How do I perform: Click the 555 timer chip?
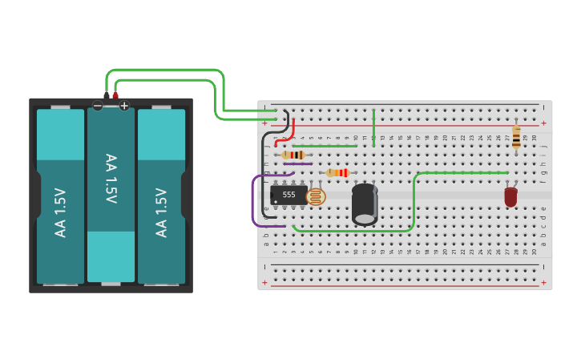[x=288, y=195]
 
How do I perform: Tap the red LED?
[x=510, y=197]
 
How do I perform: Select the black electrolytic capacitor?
[x=365, y=204]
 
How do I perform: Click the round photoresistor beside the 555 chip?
[x=317, y=196]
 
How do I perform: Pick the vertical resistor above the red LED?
[x=516, y=136]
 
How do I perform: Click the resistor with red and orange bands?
[x=337, y=172]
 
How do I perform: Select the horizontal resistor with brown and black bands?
[x=293, y=155]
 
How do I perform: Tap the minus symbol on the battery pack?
[x=98, y=106]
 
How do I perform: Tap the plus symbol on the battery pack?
[x=124, y=106]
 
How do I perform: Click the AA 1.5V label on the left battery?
[x=60, y=212]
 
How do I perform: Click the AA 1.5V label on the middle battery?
[x=111, y=179]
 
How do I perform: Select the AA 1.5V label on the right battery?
[x=161, y=212]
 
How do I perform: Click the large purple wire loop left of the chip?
[x=254, y=200]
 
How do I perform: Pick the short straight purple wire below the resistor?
[x=297, y=163]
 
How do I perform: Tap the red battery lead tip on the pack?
[x=115, y=95]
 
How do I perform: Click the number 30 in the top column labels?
[x=534, y=138]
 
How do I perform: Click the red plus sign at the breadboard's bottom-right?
[x=543, y=282]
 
